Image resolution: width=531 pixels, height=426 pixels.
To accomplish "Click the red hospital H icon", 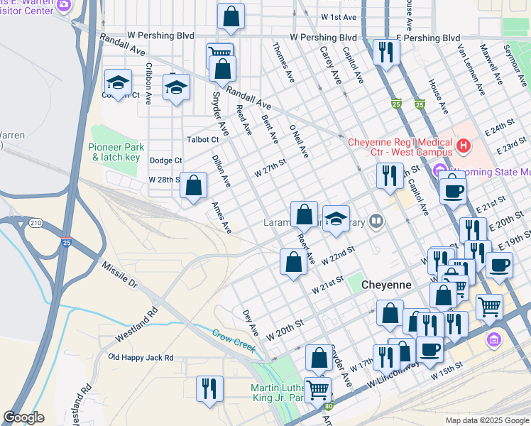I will [464, 146].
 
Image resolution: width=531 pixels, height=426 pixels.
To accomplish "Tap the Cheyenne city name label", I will [386, 284].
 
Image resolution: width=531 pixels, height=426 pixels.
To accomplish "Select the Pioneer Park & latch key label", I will [116, 151].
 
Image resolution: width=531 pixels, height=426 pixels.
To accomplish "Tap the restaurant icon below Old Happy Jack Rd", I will [209, 388].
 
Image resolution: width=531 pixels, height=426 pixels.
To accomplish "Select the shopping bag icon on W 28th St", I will [193, 186].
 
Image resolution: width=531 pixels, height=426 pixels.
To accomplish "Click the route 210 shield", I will [35, 224].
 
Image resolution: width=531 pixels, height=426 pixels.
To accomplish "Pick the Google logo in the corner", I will [23, 417].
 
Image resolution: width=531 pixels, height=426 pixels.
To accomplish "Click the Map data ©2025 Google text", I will [486, 420].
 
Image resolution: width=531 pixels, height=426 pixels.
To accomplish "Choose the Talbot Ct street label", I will [202, 140].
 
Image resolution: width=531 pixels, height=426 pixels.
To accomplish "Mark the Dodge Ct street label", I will [166, 161].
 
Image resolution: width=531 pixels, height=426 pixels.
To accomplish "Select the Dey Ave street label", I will [251, 322].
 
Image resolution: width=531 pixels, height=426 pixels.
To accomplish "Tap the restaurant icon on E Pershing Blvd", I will [387, 52].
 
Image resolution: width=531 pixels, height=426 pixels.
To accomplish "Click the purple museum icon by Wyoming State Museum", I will [438, 172].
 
